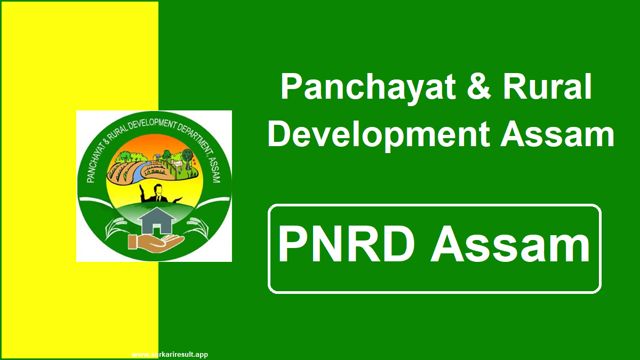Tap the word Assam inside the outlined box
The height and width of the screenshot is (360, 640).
click(510, 246)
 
